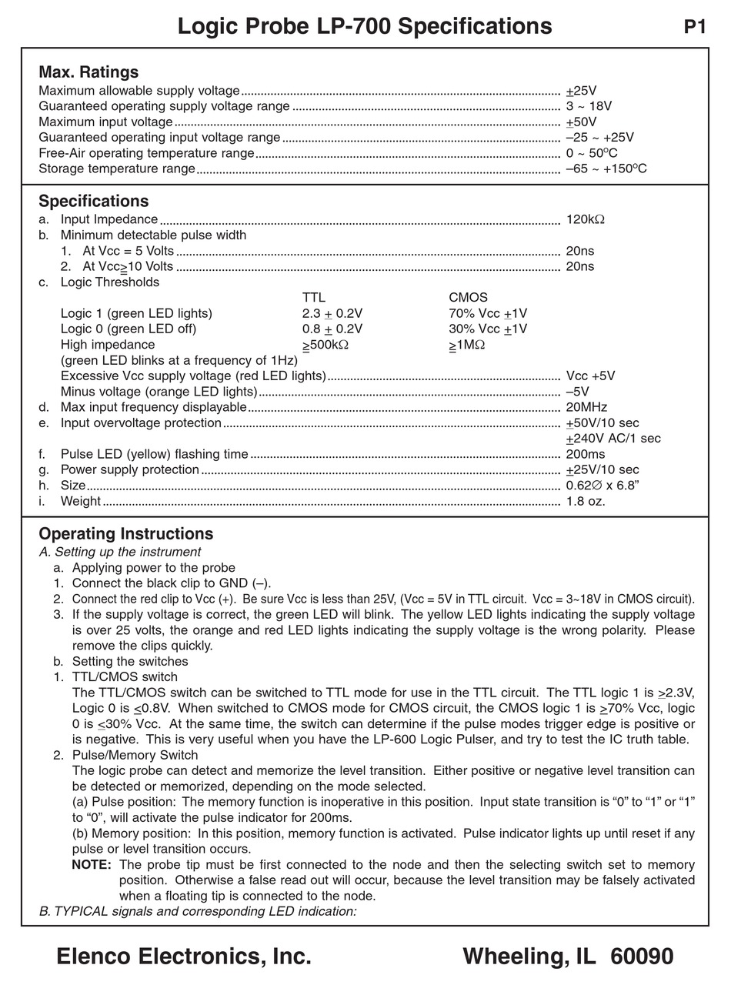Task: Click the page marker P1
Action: pyautogui.click(x=694, y=27)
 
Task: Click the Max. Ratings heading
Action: pyautogui.click(x=88, y=72)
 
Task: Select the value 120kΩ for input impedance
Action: pyautogui.click(x=585, y=219)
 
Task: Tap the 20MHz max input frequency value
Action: pyautogui.click(x=586, y=407)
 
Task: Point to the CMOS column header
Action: pyautogui.click(x=468, y=298)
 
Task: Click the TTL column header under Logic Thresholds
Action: pyautogui.click(x=314, y=298)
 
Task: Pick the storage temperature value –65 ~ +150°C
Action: pyautogui.click(x=606, y=169)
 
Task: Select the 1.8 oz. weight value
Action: pyautogui.click(x=585, y=501)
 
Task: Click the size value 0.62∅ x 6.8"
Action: pyautogui.click(x=602, y=486)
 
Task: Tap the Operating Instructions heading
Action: pyautogui.click(x=125, y=534)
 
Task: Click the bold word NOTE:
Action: pyautogui.click(x=92, y=865)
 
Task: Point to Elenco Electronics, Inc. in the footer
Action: pyautogui.click(x=184, y=957)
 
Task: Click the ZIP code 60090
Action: pyautogui.click(x=642, y=957)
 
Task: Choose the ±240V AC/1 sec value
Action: pyautogui.click(x=613, y=439)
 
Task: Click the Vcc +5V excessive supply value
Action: pyautogui.click(x=590, y=376)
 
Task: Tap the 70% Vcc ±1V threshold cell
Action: pyautogui.click(x=488, y=313)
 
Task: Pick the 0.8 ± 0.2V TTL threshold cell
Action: pyautogui.click(x=332, y=329)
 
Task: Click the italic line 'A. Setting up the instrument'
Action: pyautogui.click(x=119, y=552)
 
